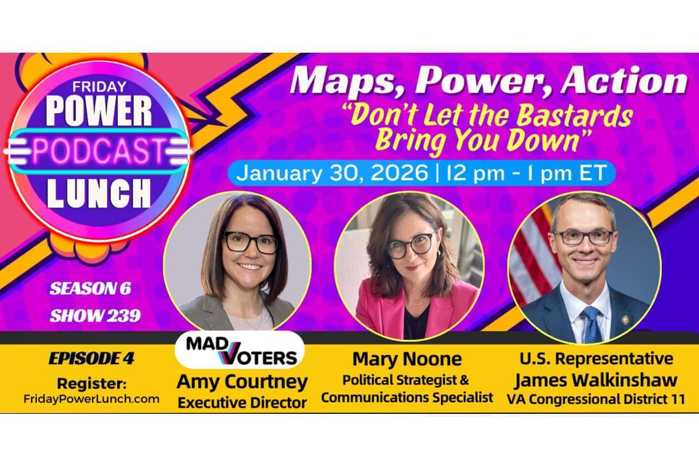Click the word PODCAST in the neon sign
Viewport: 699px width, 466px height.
point(98,151)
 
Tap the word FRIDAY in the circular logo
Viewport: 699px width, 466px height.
point(99,87)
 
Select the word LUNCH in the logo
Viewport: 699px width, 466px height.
point(99,194)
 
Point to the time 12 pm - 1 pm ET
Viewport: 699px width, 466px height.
point(526,173)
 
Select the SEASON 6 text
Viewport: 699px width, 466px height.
point(90,288)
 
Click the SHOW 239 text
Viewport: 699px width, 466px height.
point(95,316)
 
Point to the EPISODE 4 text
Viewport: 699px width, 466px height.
point(91,358)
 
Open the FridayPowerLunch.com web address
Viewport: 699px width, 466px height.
point(91,399)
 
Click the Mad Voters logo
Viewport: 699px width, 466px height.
point(240,350)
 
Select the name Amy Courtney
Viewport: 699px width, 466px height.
point(242,382)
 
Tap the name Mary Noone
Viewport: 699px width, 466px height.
point(407,359)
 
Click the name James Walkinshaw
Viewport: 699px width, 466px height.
point(596,380)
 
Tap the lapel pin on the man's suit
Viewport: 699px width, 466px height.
point(625,320)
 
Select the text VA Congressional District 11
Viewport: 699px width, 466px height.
point(596,399)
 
